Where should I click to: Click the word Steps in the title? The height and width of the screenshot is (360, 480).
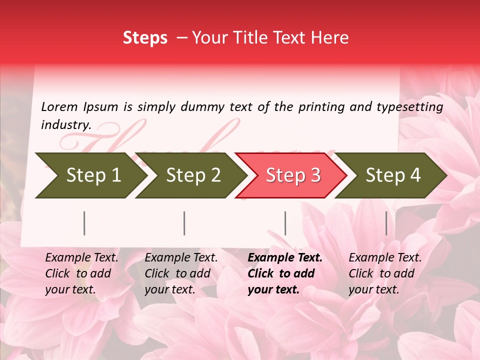(145, 38)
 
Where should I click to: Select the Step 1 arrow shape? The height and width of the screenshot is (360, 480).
(90, 175)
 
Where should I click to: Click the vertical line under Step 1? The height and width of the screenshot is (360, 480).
(84, 223)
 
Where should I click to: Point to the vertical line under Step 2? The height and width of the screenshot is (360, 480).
(184, 223)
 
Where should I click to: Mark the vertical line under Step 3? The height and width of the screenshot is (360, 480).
(285, 223)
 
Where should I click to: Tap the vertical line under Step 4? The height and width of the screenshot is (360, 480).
(386, 223)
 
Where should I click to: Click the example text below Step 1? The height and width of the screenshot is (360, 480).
(81, 273)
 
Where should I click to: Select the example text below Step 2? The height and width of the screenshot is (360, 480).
(181, 273)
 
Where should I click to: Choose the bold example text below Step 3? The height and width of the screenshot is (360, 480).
(284, 273)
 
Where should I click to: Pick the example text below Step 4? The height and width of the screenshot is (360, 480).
(385, 273)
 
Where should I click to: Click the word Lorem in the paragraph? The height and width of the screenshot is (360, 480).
(59, 106)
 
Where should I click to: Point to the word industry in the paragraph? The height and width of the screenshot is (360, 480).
(66, 125)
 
